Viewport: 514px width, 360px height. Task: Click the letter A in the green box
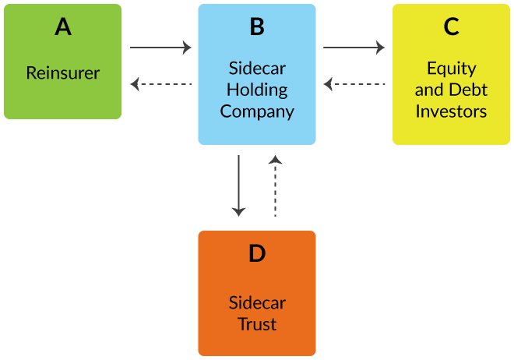(63, 27)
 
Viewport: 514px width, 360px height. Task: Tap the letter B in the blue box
(257, 27)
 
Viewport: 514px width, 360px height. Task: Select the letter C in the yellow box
(451, 27)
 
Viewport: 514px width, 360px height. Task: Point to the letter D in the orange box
(257, 254)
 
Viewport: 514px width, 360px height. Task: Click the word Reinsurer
(63, 73)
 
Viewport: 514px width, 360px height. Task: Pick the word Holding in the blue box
(257, 89)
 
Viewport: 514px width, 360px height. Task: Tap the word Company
(257, 111)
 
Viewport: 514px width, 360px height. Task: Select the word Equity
(451, 68)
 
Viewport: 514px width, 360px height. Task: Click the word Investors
(451, 111)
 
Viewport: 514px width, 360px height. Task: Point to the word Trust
(257, 323)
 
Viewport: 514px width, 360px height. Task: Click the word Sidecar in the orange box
(257, 302)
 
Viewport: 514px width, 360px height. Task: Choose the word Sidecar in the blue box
(257, 68)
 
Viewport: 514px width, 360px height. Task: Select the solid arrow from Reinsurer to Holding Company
(160, 48)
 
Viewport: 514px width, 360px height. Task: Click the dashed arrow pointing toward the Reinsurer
(160, 83)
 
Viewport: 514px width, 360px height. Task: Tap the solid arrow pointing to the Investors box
(354, 48)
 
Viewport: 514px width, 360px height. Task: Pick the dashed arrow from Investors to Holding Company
(354, 83)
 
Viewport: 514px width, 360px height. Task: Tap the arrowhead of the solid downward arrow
(239, 211)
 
